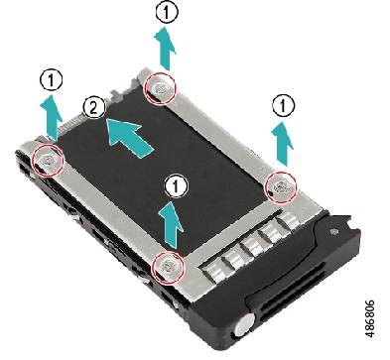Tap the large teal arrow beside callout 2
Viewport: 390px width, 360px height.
131,136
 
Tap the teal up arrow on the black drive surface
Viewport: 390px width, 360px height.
175,224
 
